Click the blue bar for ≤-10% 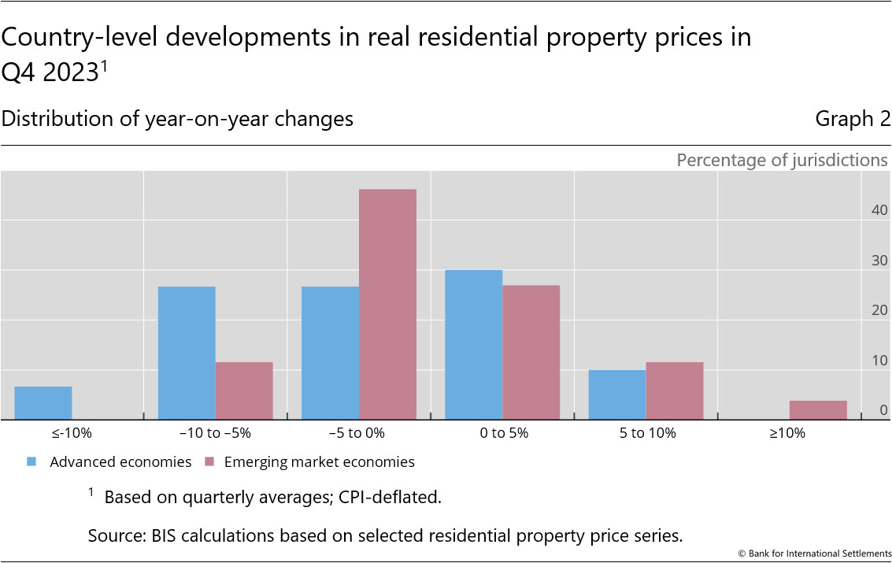click(43, 403)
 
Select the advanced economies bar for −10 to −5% click(187, 353)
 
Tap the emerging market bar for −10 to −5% click(244, 391)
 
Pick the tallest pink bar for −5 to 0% click(387, 304)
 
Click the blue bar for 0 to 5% click(473, 345)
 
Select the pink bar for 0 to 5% click(531, 352)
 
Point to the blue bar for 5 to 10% click(616, 394)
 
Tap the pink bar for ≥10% click(818, 410)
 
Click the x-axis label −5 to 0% click(358, 433)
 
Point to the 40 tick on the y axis click(879, 211)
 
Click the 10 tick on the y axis click(879, 361)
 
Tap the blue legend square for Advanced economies click(31, 462)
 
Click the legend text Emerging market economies click(319, 462)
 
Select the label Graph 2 click(853, 119)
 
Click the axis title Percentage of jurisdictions click(782, 161)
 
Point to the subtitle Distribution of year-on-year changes click(177, 119)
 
